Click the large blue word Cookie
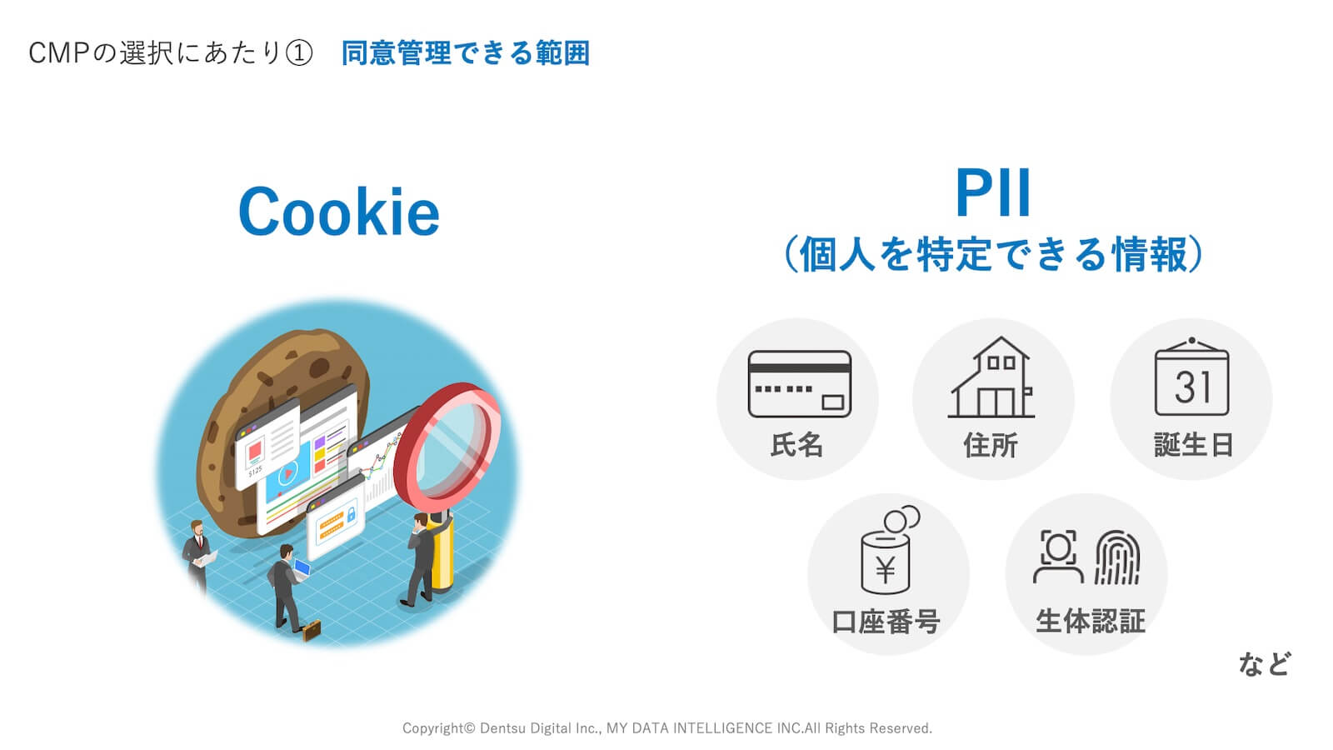(x=338, y=212)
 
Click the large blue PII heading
(x=992, y=193)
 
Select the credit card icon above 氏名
(x=799, y=384)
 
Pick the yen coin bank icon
(x=887, y=552)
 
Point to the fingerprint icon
(x=1116, y=557)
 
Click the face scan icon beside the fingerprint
(x=1058, y=556)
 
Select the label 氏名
(x=796, y=445)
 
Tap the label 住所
(x=991, y=445)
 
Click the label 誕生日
(x=1193, y=445)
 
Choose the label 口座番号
(x=886, y=622)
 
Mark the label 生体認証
(x=1090, y=621)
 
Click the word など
(x=1264, y=664)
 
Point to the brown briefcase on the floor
(x=311, y=631)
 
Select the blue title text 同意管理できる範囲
(x=465, y=53)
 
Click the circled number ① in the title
(x=298, y=53)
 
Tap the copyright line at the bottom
(x=666, y=728)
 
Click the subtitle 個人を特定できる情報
(x=993, y=254)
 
